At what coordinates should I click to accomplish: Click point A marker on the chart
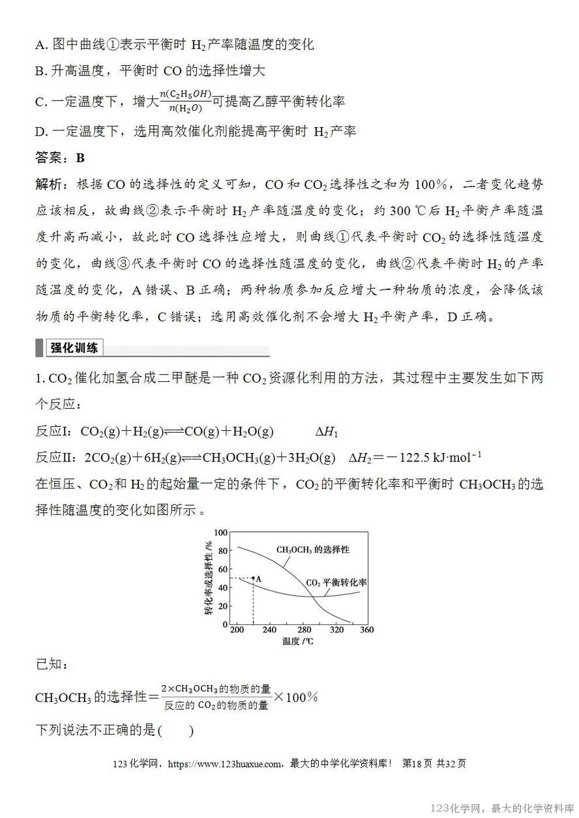click(253, 578)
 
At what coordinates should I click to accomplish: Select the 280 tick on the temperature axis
click(304, 630)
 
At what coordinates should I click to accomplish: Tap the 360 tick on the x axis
click(366, 630)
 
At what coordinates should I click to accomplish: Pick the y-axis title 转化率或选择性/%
click(208, 577)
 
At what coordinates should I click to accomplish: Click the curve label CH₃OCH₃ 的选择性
click(312, 549)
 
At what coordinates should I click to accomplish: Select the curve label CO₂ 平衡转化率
click(336, 582)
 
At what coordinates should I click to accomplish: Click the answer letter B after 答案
click(80, 158)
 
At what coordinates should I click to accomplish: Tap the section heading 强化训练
click(74, 348)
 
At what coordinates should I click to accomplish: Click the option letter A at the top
click(40, 45)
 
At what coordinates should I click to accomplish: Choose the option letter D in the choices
click(40, 132)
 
